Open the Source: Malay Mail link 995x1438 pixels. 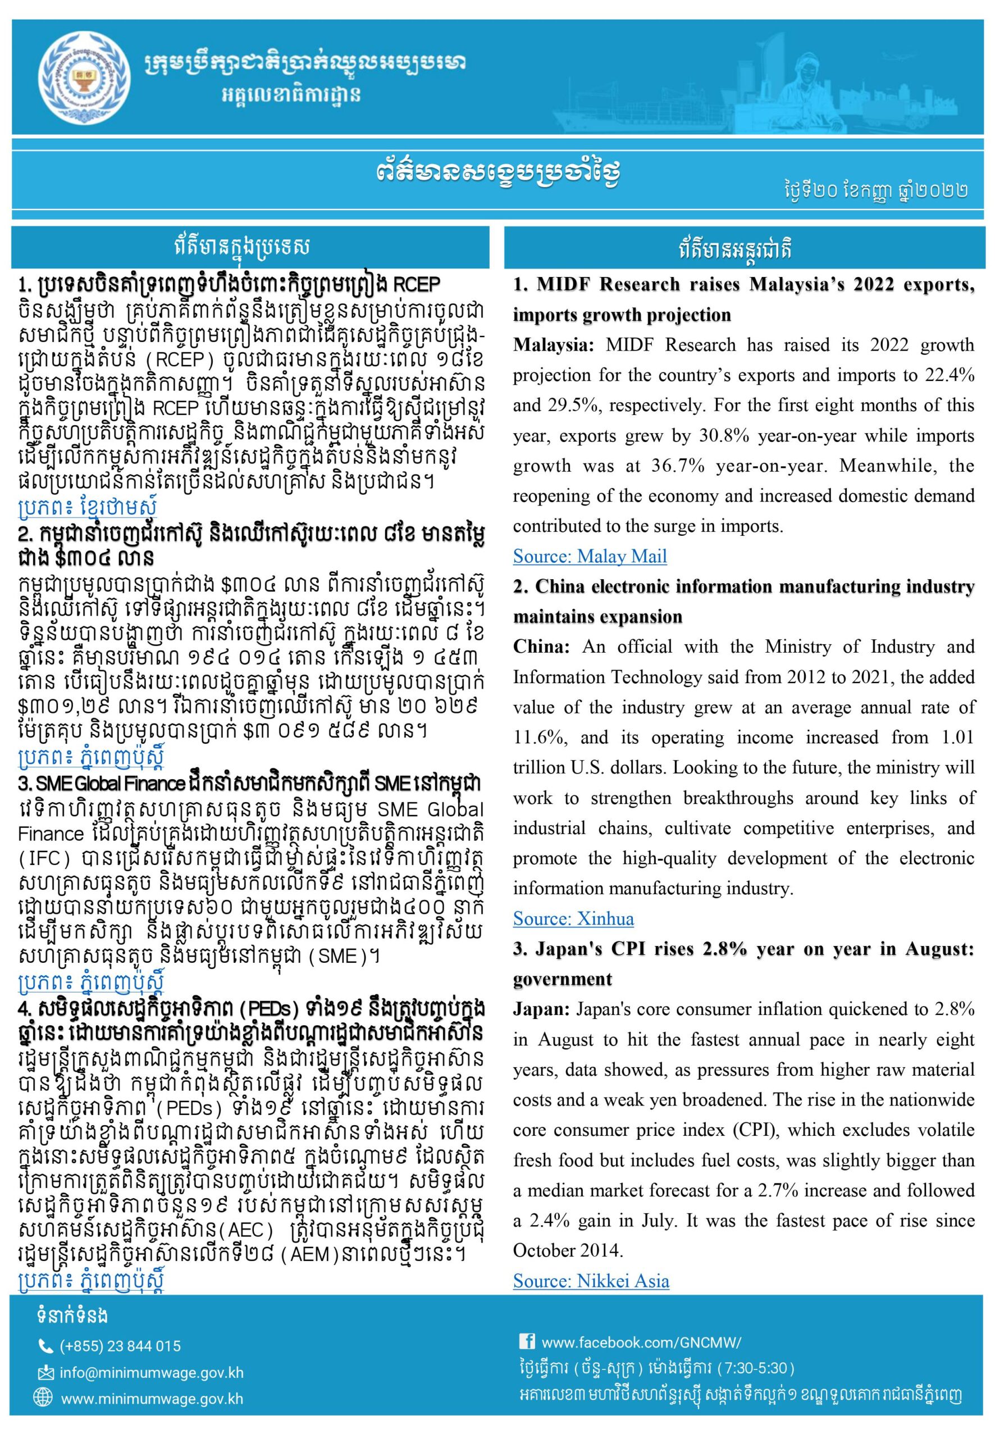point(589,556)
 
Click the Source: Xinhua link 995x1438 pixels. point(573,918)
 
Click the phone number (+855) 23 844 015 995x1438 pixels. point(120,1346)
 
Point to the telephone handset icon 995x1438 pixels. point(45,1346)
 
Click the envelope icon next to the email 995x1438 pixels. point(45,1372)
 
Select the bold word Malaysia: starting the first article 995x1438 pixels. point(553,345)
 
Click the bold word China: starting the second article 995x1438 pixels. point(541,647)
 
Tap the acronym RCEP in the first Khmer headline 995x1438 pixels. point(417,285)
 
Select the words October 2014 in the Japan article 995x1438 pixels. point(567,1250)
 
